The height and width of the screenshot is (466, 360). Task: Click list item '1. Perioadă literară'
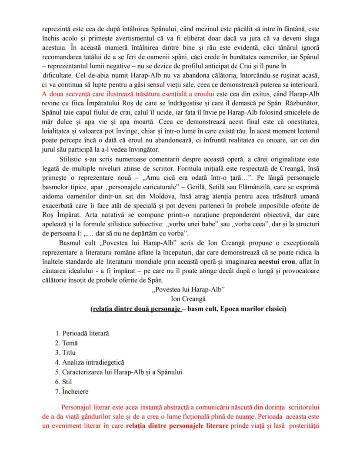[x=82, y=333]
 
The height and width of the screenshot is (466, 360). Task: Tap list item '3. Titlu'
[x=65, y=352]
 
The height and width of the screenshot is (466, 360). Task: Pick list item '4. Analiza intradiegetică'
[x=90, y=362]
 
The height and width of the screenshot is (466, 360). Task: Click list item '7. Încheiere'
[x=71, y=391]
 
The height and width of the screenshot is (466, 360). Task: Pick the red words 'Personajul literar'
[x=87, y=407]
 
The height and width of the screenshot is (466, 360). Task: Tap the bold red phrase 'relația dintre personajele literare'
[x=177, y=426]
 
